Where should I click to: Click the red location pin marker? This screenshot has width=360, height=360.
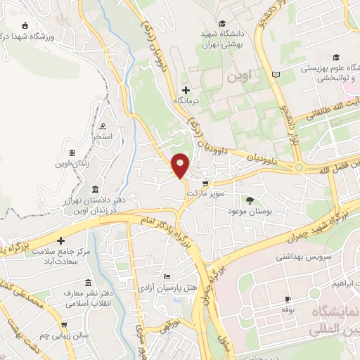click(181, 165)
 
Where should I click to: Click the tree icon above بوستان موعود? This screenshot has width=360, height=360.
click(250, 201)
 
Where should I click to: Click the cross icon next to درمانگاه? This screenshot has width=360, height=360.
click(186, 90)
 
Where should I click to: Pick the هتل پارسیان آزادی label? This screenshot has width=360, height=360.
click(166, 288)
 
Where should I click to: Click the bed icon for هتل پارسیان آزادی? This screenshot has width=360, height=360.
click(167, 276)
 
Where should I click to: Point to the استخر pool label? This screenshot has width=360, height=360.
click(110, 136)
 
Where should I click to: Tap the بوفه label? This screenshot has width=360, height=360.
click(286, 309)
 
